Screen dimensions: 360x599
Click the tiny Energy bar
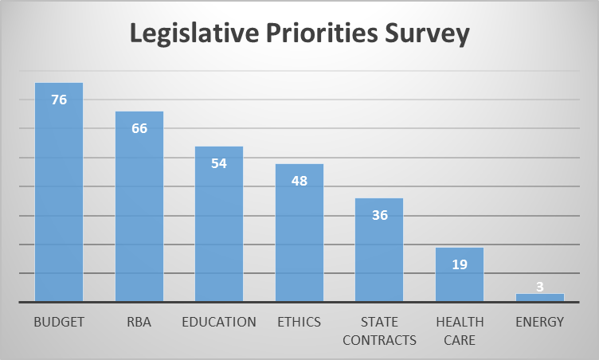click(539, 298)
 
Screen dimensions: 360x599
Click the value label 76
click(59, 100)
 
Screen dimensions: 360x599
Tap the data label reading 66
click(139, 128)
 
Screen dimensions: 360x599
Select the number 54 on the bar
click(219, 163)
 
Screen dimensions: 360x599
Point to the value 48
click(299, 181)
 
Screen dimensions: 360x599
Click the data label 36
click(379, 215)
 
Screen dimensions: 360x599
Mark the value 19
click(460, 264)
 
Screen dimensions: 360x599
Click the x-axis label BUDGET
click(59, 323)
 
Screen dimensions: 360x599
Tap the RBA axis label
click(139, 323)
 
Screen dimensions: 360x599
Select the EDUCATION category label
click(219, 323)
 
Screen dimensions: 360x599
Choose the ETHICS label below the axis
click(299, 323)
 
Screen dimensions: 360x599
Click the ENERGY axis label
click(539, 323)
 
